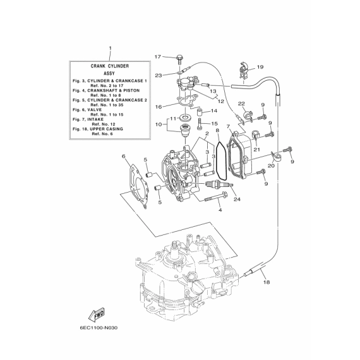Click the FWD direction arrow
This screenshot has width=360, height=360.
pos(97,314)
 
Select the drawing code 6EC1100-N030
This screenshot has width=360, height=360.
pos(99,328)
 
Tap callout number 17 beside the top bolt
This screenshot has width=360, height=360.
pos(158,57)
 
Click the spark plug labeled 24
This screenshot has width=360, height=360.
pos(219,184)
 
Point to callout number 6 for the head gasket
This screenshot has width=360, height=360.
pos(124,157)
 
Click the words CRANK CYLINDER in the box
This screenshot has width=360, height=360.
pos(110,66)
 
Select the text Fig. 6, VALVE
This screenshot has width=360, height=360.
pos(87,110)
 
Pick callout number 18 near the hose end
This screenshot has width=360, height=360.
pos(267,282)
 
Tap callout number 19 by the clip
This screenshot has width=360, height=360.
pos(260,67)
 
